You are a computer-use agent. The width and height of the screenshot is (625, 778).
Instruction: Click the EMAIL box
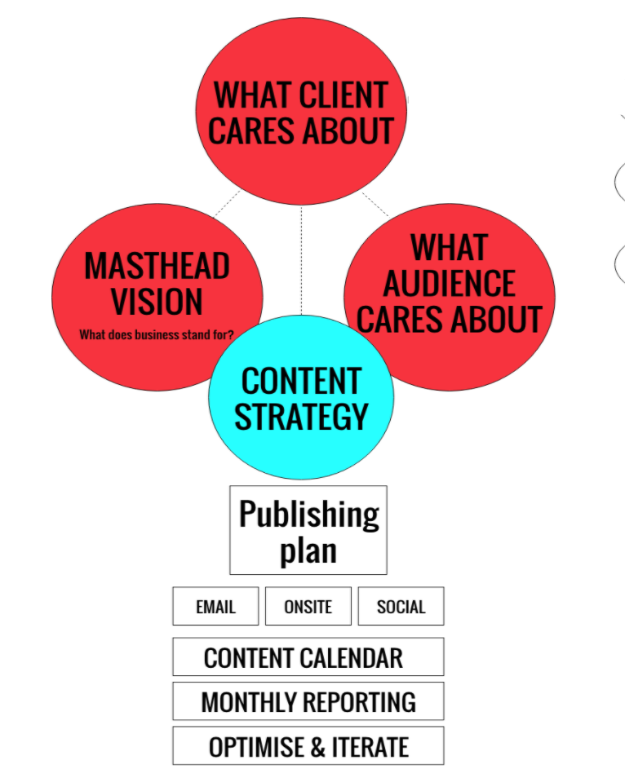click(x=215, y=606)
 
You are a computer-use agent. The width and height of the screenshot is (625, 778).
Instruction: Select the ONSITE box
click(x=308, y=606)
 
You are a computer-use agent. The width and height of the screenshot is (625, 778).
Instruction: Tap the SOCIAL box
click(x=401, y=606)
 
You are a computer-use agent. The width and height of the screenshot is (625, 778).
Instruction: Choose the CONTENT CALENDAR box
click(x=308, y=657)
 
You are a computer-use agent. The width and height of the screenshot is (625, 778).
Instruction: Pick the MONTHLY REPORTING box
click(x=308, y=701)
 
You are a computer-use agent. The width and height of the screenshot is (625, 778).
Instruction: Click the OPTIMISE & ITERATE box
click(x=308, y=746)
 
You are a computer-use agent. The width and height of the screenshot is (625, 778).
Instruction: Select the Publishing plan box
click(x=308, y=530)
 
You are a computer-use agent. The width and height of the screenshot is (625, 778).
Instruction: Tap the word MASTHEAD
click(x=157, y=266)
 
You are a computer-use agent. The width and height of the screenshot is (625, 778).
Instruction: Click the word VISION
click(x=157, y=302)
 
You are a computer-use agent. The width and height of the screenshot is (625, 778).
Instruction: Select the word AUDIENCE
click(x=449, y=284)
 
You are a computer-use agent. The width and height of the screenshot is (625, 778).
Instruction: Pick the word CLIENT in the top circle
click(x=343, y=95)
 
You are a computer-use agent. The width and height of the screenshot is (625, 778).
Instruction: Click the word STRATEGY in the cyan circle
click(x=301, y=416)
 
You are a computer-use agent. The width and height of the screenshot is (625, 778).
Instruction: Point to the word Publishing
click(x=308, y=515)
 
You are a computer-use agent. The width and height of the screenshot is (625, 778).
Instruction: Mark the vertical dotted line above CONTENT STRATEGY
click(x=301, y=261)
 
